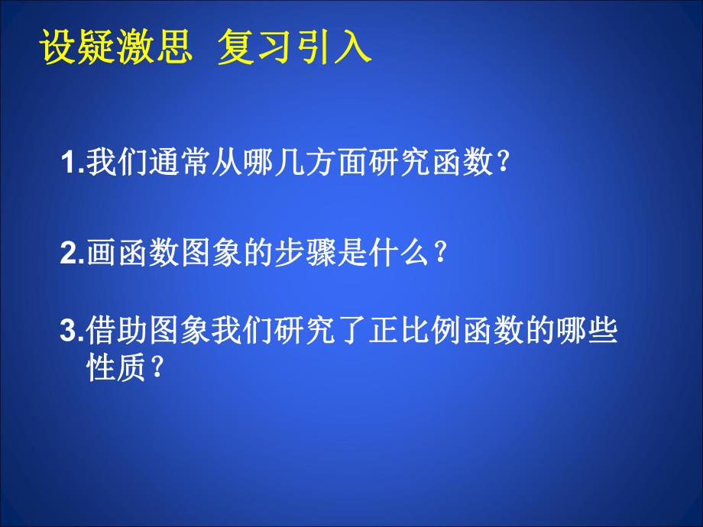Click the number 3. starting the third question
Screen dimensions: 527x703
(72, 333)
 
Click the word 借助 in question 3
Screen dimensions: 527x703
(118, 333)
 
